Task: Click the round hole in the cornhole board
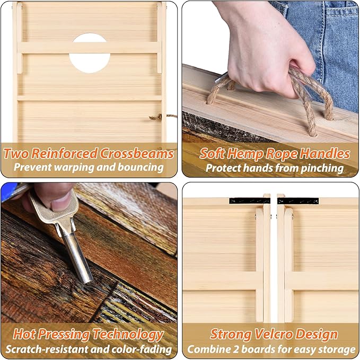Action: (90, 53)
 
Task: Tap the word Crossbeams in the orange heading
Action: (137, 153)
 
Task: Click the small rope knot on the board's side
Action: (156, 118)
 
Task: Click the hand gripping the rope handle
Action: (266, 48)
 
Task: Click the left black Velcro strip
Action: (250, 200)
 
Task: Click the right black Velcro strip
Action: (298, 201)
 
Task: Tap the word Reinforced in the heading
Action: (64, 153)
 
